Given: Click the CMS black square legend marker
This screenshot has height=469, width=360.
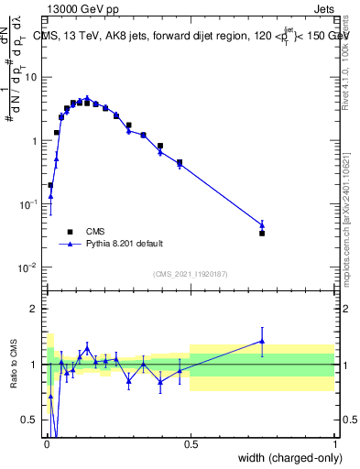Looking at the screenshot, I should [x=68, y=232].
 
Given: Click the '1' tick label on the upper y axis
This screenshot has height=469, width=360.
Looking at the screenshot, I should [x=36, y=141].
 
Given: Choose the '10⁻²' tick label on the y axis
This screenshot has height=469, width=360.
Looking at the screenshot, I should [x=30, y=267].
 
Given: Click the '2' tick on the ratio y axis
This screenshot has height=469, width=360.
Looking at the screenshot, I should [x=36, y=309].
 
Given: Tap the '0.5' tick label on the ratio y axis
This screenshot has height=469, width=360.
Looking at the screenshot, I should [x=31, y=420].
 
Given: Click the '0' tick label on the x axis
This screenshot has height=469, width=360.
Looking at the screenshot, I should [x=46, y=444].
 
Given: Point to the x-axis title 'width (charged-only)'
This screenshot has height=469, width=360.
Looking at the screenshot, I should [x=284, y=459].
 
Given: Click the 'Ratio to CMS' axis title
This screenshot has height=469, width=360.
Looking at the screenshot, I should [x=12, y=365].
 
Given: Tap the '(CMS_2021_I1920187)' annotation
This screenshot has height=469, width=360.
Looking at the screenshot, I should [x=191, y=273].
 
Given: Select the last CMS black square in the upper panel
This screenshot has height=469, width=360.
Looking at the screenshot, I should [x=262, y=234].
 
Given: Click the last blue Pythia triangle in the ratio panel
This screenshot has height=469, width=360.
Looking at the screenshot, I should [x=262, y=341].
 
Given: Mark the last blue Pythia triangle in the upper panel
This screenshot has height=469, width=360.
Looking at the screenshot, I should [x=262, y=224].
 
